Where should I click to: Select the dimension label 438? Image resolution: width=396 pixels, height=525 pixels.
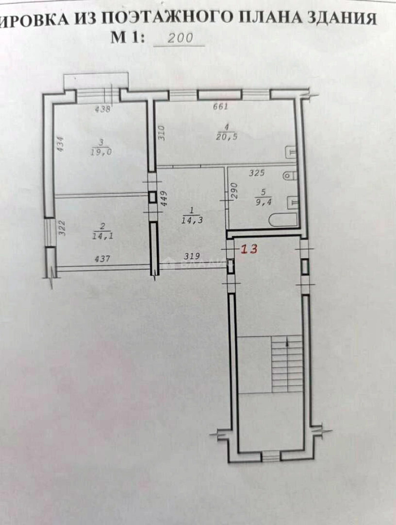click(103, 109)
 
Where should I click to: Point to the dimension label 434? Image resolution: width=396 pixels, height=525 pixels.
click(60, 145)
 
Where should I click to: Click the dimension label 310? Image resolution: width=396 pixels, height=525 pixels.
click(162, 133)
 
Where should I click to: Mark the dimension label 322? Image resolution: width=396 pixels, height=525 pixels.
click(62, 228)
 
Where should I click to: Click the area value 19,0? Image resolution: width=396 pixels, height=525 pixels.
click(100, 152)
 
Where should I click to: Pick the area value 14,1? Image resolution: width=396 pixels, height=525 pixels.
click(102, 237)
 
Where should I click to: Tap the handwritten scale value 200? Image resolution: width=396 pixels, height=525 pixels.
click(180, 38)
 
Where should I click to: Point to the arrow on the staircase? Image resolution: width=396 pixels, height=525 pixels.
click(289, 343)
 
